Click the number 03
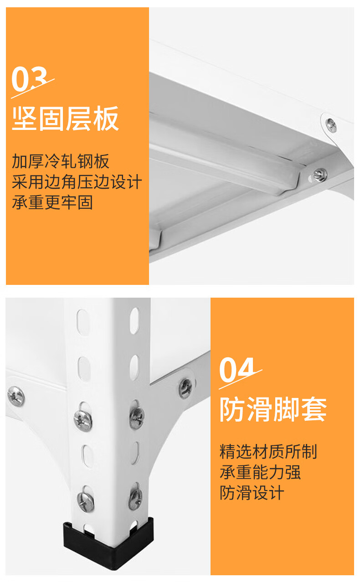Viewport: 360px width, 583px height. point(30,79)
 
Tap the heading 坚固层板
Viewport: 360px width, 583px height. point(65,119)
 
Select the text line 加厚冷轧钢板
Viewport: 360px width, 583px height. point(61,161)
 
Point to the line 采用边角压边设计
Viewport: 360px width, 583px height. point(77,182)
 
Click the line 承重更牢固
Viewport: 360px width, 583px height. point(52,202)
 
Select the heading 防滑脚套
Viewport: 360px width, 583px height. point(273,409)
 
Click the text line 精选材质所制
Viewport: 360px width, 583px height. point(268,452)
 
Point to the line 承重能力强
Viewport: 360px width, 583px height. point(260,472)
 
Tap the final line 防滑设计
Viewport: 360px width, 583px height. point(252,493)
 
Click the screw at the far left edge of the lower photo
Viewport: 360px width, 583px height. point(16,397)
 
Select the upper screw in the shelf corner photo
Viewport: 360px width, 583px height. point(331,125)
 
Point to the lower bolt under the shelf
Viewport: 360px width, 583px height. point(320,175)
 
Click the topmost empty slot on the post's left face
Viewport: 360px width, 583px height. point(83,322)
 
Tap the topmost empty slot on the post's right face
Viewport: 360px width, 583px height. point(134,321)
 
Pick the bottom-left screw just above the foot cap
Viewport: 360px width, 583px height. point(86,501)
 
